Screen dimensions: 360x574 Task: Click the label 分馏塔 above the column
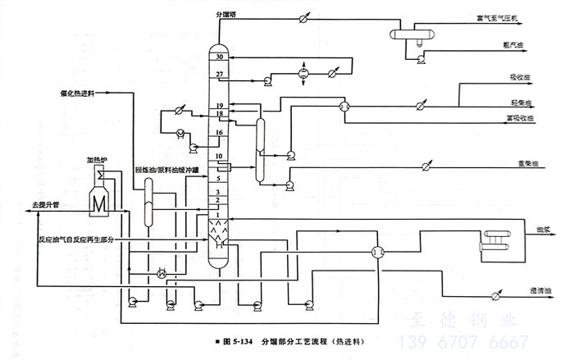click(225, 14)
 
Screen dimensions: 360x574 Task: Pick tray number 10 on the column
click(219, 156)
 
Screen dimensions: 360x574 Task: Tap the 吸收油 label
click(521, 80)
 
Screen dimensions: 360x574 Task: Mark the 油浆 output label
click(542, 232)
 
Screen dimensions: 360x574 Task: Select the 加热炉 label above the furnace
click(98, 153)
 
